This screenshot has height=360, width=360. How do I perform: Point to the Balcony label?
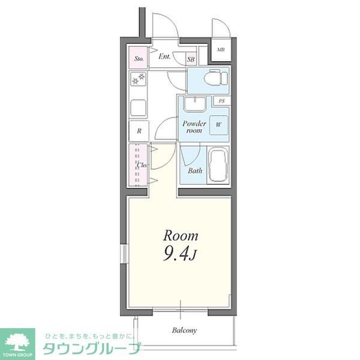tap(185, 330)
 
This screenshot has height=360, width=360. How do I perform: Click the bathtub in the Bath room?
tap(218, 164)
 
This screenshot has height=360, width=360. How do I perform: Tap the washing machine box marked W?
tap(218, 125)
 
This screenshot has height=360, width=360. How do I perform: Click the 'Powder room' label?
tap(194, 127)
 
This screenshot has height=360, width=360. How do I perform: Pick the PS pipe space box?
tap(222, 101)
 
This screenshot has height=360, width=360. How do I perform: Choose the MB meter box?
tap(220, 50)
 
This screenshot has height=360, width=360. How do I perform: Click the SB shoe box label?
tap(191, 59)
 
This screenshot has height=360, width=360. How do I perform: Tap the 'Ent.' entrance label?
tap(164, 58)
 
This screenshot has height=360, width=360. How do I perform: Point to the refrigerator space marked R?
tap(139, 130)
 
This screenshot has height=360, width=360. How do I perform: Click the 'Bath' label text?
tap(195, 170)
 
